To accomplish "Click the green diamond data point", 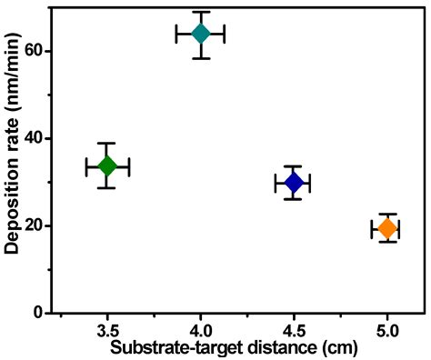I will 107,165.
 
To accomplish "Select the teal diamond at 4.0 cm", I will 201,34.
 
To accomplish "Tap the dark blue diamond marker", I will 293,183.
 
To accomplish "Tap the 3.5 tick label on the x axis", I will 107,329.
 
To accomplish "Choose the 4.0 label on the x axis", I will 201,329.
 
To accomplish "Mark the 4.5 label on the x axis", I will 294,329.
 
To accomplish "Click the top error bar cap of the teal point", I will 201,12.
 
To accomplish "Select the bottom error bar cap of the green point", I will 107,187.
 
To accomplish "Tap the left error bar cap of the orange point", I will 371,228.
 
